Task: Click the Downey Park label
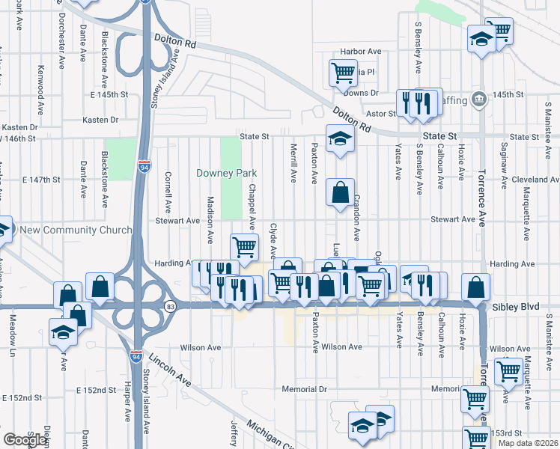pyautogui.click(x=226, y=173)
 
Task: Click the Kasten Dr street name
pyautogui.click(x=101, y=120)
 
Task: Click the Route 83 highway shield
pyautogui.click(x=171, y=305)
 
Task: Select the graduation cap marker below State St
pyautogui.click(x=340, y=139)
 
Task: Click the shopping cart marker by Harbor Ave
pyautogui.click(x=343, y=73)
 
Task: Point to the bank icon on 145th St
pyautogui.click(x=480, y=99)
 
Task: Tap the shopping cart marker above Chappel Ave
pyautogui.click(x=244, y=246)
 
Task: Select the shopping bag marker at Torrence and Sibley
pyautogui.click(x=475, y=286)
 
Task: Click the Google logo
pyautogui.click(x=24, y=440)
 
